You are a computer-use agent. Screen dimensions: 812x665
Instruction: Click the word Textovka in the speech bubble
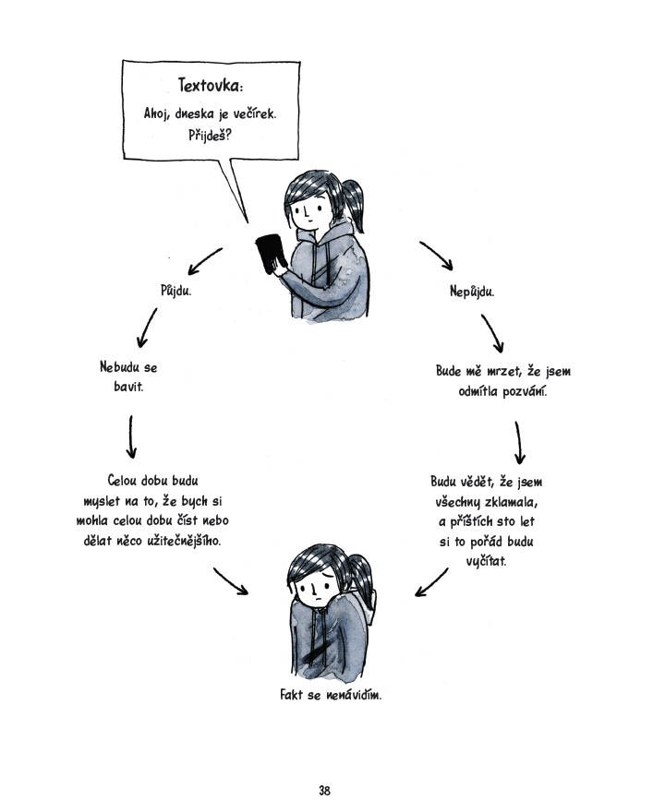click(210, 86)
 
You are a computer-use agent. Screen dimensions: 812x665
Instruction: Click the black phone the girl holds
click(270, 254)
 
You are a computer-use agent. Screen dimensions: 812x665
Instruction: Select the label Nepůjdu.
click(473, 291)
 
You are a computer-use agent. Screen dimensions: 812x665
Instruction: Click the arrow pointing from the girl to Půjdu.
click(205, 261)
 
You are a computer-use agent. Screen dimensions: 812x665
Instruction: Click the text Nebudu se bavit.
click(128, 376)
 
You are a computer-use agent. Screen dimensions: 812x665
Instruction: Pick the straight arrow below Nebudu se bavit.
click(131, 436)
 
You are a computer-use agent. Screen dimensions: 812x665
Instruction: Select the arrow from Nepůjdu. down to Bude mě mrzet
click(491, 333)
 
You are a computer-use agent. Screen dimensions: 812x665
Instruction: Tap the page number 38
click(324, 790)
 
